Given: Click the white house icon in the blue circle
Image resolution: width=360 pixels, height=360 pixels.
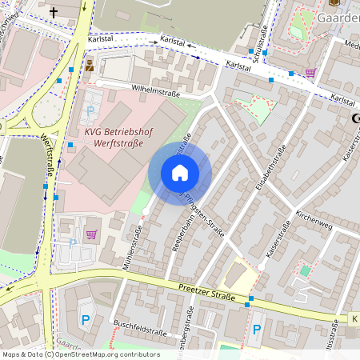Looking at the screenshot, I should (180, 173).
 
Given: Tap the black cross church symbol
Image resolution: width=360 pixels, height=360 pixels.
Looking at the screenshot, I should (54, 12).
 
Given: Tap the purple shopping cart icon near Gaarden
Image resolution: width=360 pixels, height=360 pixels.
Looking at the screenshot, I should (310, 72).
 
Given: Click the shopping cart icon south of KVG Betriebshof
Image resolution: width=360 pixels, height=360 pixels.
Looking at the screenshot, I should (91, 234).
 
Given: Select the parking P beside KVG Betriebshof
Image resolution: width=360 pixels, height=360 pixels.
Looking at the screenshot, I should (90, 110).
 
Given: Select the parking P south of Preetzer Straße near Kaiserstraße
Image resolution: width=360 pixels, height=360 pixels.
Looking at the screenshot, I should (257, 329).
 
